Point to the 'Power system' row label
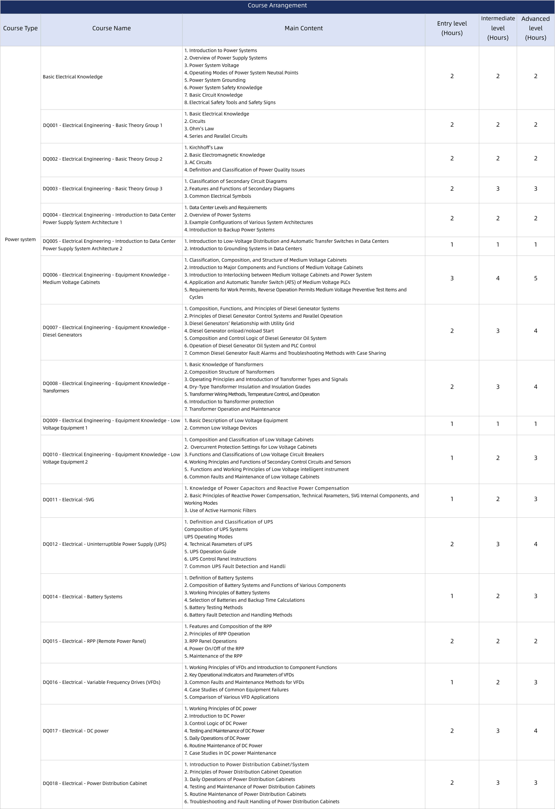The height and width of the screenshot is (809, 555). click(20, 239)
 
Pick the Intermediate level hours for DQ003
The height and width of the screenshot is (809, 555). click(498, 189)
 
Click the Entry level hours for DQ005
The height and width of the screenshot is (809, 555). click(452, 245)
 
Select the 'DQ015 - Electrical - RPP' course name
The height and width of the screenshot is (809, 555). click(94, 641)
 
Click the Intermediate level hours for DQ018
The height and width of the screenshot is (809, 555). click(498, 783)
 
